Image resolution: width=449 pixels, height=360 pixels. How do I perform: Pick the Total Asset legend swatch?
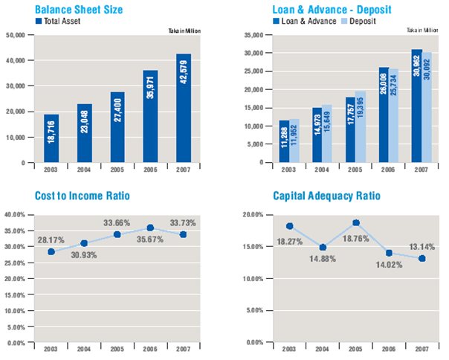[x=39, y=22]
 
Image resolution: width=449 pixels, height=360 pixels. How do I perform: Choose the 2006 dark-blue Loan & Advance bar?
[x=384, y=115]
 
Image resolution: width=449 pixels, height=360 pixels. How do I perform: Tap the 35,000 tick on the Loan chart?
[x=254, y=35]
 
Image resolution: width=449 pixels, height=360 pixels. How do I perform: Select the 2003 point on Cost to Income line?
[x=51, y=251]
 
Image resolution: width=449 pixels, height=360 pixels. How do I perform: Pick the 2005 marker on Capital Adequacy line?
[x=355, y=222]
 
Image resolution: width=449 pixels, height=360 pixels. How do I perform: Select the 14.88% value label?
[x=321, y=258]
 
